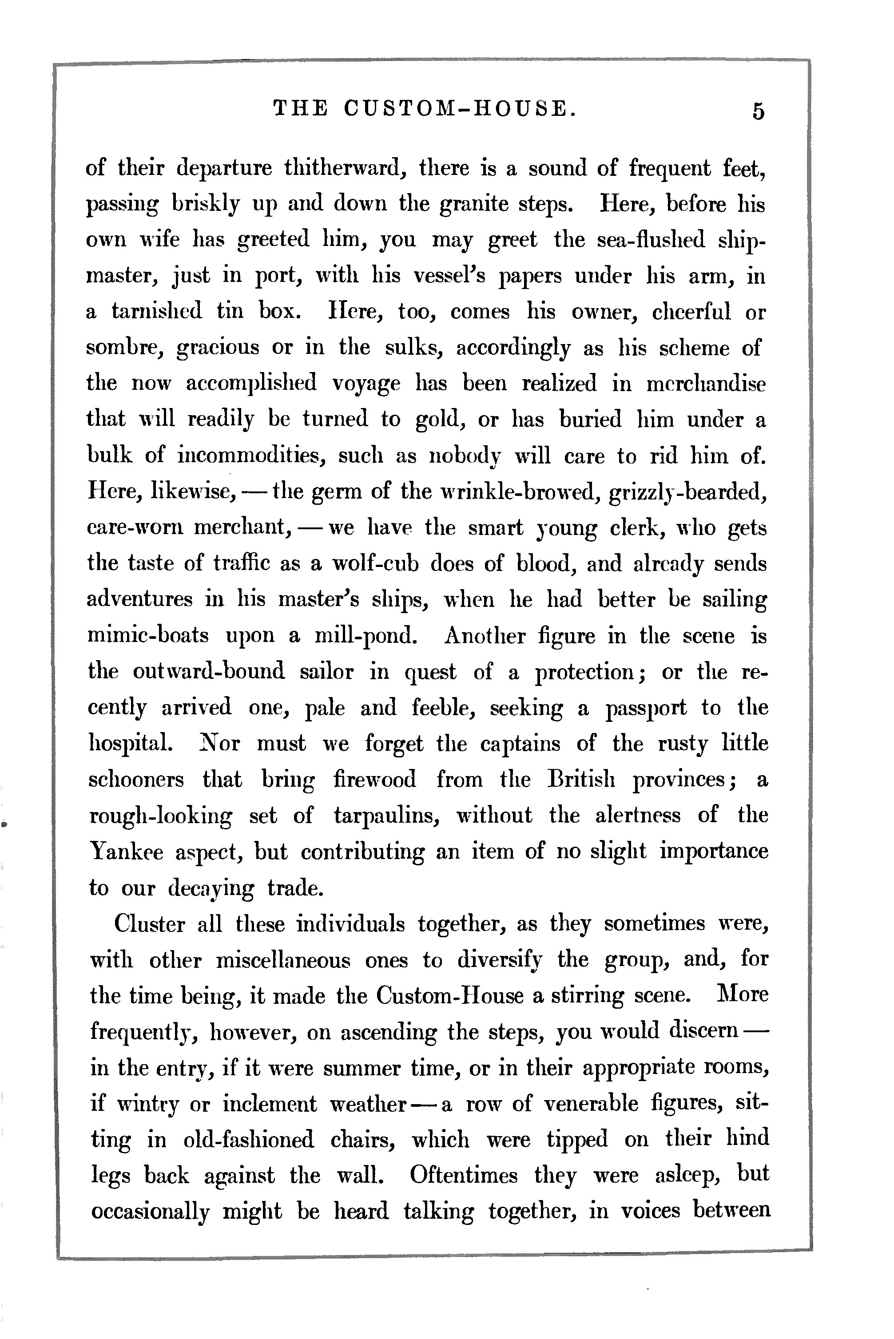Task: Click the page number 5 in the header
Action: (x=758, y=111)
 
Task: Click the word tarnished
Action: (x=157, y=312)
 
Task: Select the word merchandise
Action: (x=705, y=384)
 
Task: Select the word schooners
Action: (x=136, y=780)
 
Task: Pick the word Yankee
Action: (x=126, y=852)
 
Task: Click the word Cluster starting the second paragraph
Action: (x=149, y=924)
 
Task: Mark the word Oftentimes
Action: (x=464, y=1176)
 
